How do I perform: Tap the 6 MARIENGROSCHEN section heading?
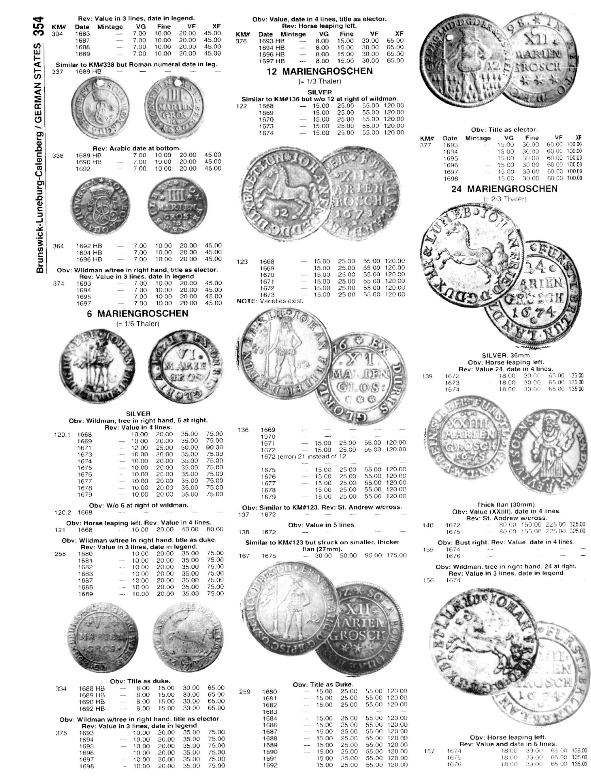[x=138, y=314]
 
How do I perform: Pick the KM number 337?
[x=57, y=72]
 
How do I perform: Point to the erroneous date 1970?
[x=268, y=437]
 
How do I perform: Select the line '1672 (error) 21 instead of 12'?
[x=303, y=457]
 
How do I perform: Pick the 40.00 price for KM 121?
[x=190, y=530]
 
